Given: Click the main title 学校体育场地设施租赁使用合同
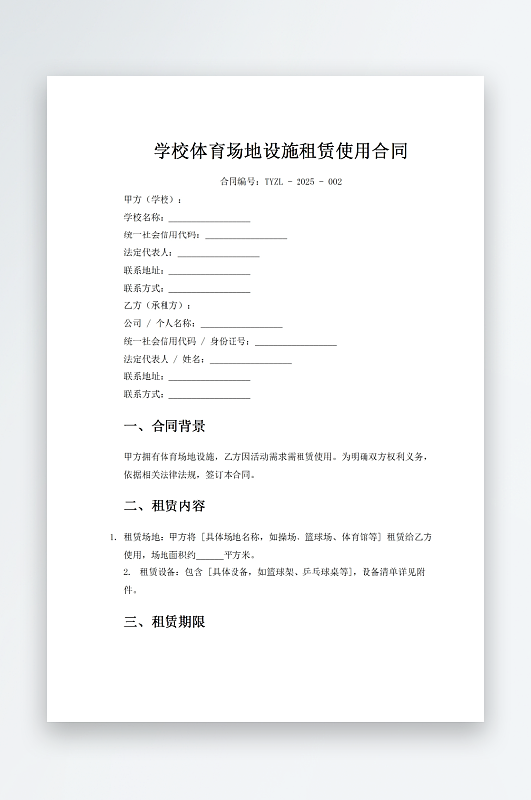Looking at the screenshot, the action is click(x=281, y=152).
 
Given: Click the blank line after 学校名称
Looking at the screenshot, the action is click(x=209, y=218).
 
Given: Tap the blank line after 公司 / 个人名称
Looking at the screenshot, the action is click(x=240, y=324).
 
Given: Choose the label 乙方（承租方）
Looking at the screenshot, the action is click(x=157, y=306).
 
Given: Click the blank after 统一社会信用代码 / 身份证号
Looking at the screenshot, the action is click(x=296, y=342).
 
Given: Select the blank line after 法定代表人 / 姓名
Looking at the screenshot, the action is click(x=250, y=360).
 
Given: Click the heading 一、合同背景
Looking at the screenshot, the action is click(x=165, y=427).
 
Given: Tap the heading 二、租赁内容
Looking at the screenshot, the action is click(x=165, y=506).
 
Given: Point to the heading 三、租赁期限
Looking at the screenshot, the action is click(x=165, y=622).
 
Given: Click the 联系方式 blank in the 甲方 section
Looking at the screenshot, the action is click(x=209, y=289).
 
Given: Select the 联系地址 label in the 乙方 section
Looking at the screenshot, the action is click(x=144, y=377).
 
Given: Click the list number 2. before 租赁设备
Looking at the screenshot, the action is click(x=127, y=572).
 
